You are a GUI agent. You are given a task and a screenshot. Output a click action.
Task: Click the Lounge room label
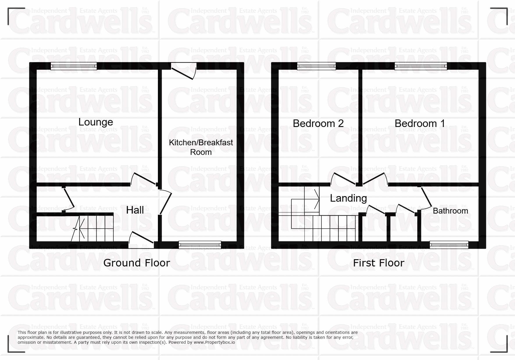(96, 122)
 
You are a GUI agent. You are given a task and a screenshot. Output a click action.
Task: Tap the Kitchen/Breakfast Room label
(201, 147)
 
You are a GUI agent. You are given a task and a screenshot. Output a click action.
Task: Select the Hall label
(135, 210)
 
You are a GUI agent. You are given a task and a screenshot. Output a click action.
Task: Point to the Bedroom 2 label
(318, 123)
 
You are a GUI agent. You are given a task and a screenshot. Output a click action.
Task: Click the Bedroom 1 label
(420, 123)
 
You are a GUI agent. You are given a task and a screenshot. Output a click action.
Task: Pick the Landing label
(348, 198)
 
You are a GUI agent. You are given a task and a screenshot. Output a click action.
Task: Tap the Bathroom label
(450, 211)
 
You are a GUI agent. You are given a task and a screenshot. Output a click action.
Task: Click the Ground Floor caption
(136, 263)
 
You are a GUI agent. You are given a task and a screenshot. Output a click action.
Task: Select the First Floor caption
(379, 263)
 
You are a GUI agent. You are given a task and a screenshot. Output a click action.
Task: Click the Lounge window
(74, 67)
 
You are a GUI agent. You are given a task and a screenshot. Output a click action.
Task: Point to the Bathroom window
(449, 245)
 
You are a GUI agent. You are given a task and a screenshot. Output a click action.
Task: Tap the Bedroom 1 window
(421, 67)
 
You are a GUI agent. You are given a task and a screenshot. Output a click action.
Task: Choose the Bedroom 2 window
(316, 67)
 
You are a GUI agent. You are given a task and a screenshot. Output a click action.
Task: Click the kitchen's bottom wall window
(200, 245)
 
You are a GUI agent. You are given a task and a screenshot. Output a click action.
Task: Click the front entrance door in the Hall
(141, 240)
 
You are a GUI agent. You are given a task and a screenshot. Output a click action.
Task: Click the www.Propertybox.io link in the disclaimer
(214, 342)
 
